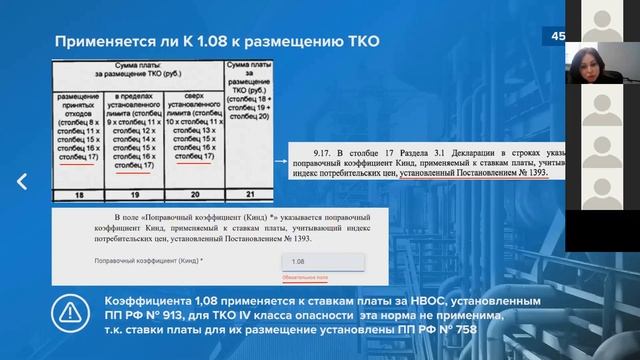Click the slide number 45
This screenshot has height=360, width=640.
point(558,37)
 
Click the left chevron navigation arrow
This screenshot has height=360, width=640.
point(22,181)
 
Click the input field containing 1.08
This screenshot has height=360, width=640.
point(320,261)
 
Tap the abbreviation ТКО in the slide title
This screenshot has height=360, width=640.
point(357,42)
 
